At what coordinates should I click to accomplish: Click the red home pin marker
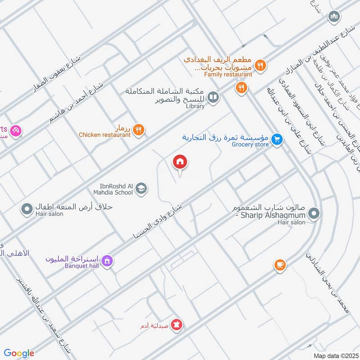pyautogui.click(x=180, y=162)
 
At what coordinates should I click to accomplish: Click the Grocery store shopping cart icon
pyautogui.click(x=277, y=140)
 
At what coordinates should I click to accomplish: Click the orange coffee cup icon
pyautogui.click(x=280, y=265)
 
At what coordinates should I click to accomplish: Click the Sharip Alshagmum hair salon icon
pyautogui.click(x=314, y=213)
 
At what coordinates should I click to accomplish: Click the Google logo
pyautogui.click(x=19, y=353)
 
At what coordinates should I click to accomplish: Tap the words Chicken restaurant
pyautogui.click(x=104, y=135)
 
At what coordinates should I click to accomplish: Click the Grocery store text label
pyautogui.click(x=250, y=144)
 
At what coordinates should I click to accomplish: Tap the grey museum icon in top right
pyautogui.click(x=334, y=17)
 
